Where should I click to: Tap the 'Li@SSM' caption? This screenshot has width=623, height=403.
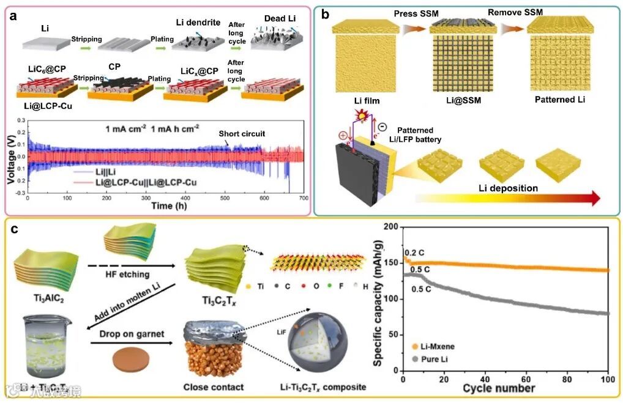coord(450,100)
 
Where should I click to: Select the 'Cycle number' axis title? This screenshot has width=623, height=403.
coord(499,388)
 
